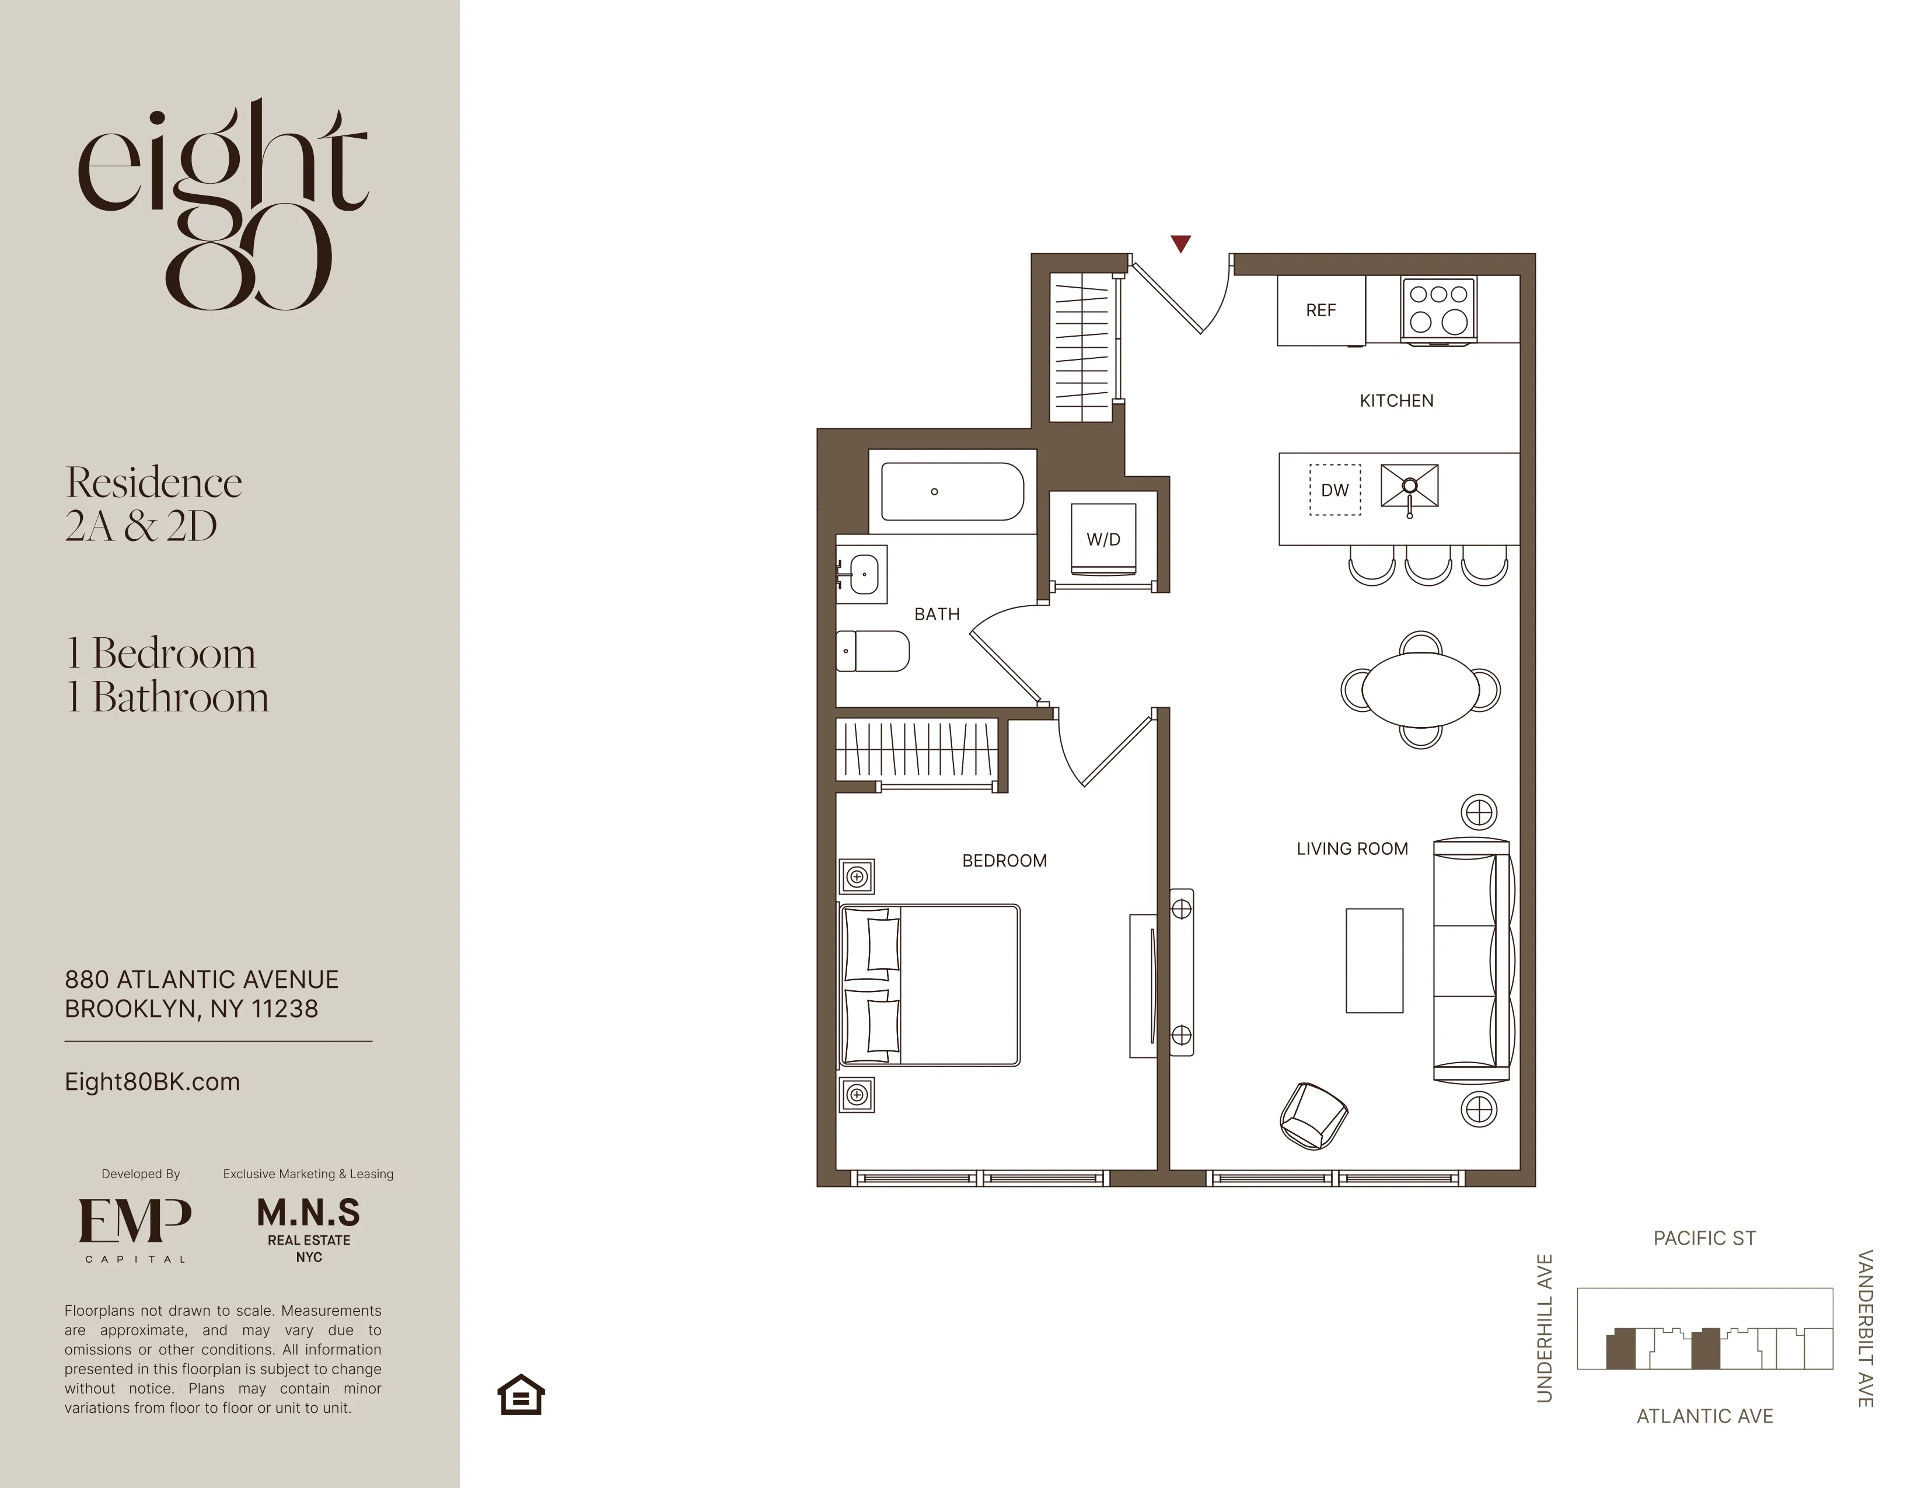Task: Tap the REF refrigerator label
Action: (x=1320, y=310)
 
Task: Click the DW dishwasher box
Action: (x=1334, y=490)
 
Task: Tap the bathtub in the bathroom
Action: (x=952, y=492)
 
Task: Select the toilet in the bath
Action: (x=872, y=651)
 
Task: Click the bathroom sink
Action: (x=861, y=574)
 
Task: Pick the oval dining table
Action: (x=1420, y=689)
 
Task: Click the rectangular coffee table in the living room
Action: (x=1374, y=960)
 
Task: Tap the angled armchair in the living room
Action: (x=1312, y=1116)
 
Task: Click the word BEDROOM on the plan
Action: (x=1004, y=860)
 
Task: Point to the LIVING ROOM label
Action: (x=1352, y=849)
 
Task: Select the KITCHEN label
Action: (x=1396, y=401)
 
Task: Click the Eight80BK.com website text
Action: (x=152, y=1082)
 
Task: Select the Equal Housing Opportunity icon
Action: (x=521, y=1395)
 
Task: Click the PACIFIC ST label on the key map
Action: (x=1704, y=1238)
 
